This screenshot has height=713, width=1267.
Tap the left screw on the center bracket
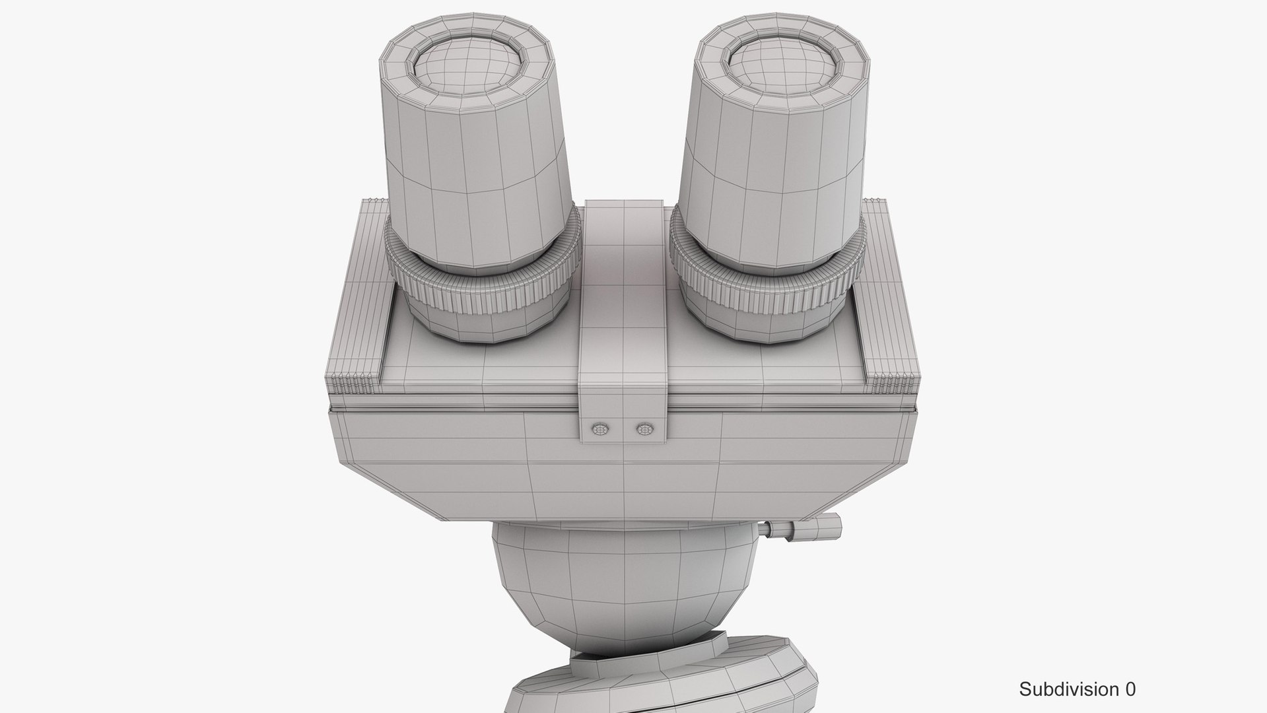[x=600, y=429]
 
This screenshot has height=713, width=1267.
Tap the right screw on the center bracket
[x=644, y=429]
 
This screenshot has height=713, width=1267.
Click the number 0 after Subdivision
[x=1130, y=690]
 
